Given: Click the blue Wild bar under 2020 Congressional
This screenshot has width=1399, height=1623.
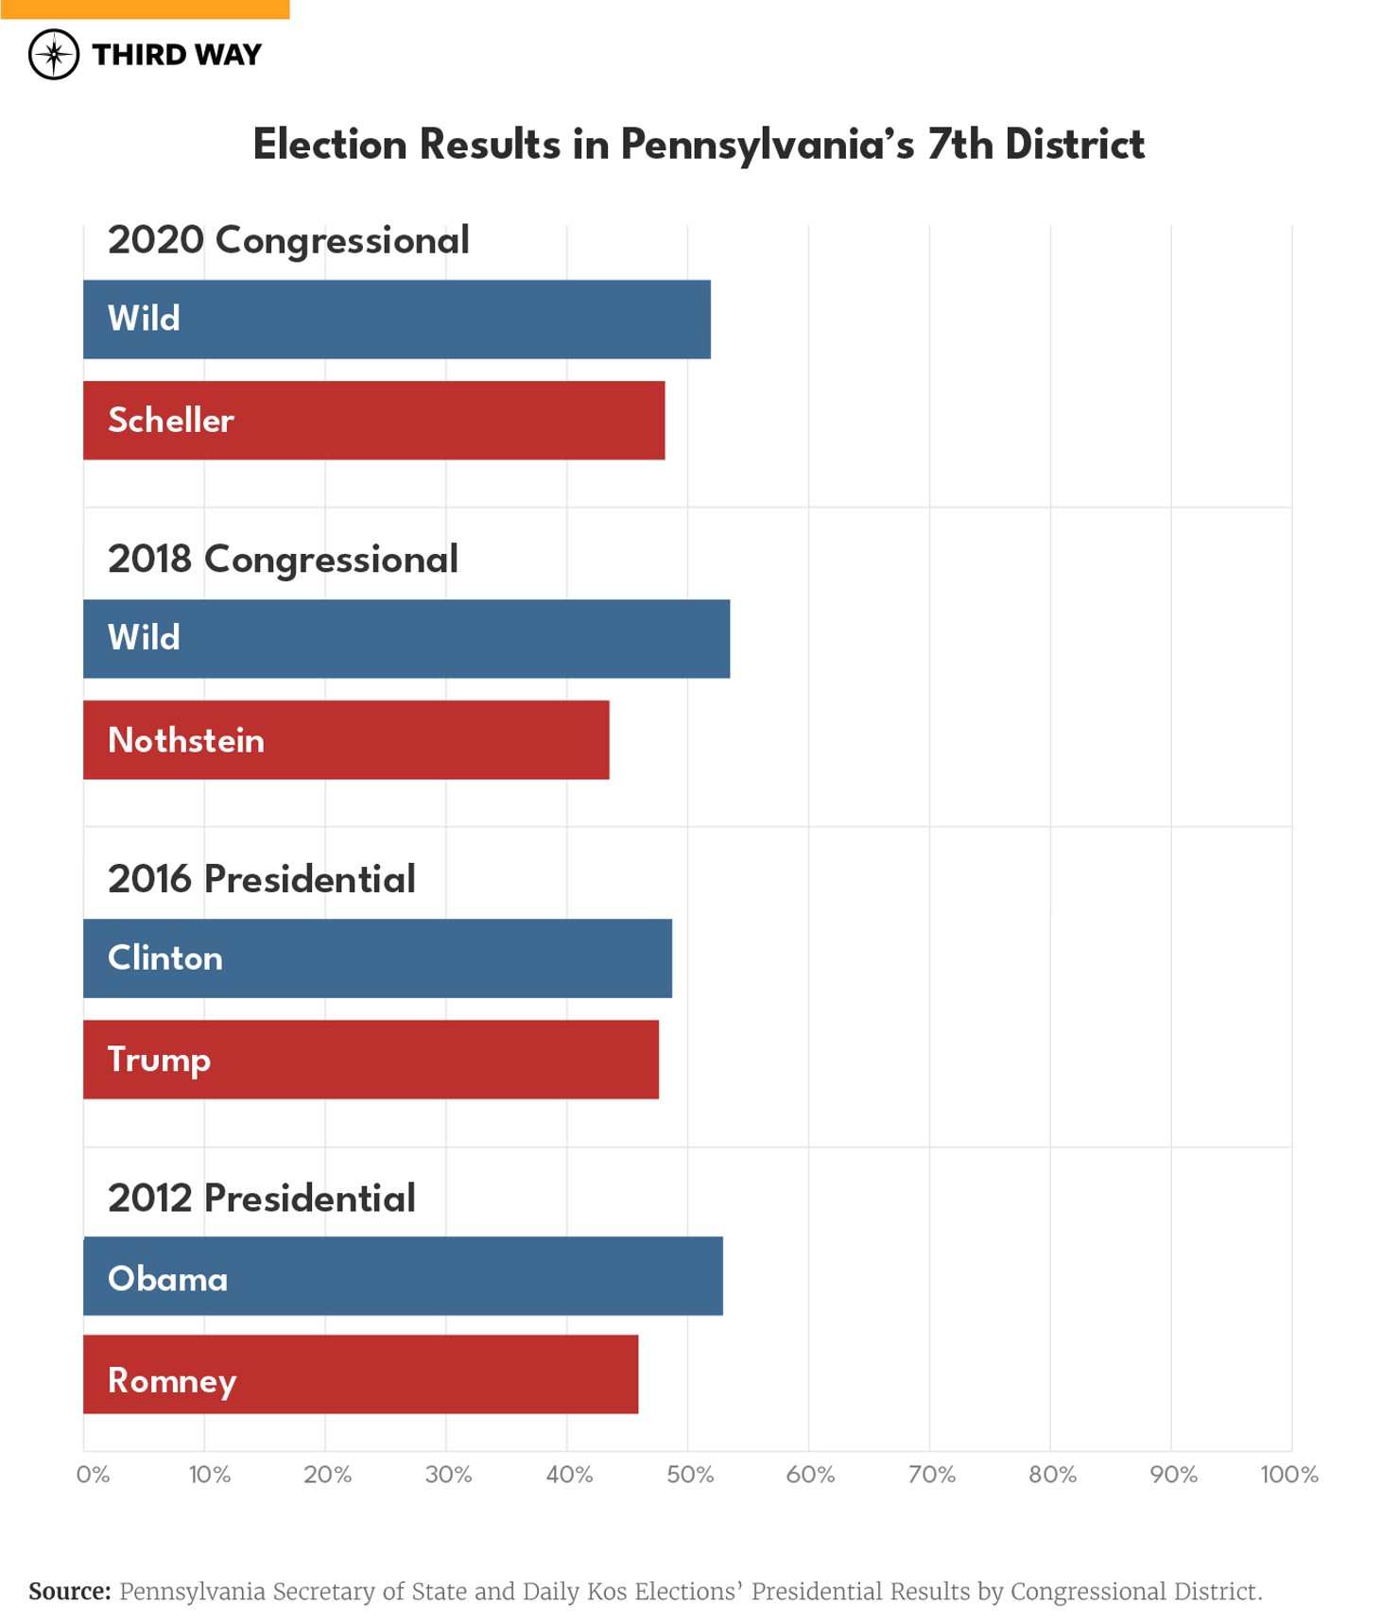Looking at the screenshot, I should tap(397, 319).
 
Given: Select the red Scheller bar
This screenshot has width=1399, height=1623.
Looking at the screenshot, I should tap(374, 421).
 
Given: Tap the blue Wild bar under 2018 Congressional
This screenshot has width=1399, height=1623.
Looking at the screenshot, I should tap(406, 639).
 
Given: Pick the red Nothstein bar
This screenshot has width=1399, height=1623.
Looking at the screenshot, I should tap(346, 740).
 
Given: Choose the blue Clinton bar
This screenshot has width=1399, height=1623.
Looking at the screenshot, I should tap(378, 958).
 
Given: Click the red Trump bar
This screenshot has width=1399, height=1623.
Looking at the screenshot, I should tap(371, 1060).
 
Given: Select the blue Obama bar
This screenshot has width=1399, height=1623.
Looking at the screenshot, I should tap(404, 1277).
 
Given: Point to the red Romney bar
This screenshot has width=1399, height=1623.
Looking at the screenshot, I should tap(361, 1375).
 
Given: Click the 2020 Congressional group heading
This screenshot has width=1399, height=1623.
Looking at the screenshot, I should tap(288, 240).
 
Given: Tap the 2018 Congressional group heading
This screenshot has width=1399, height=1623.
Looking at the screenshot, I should tap(283, 560).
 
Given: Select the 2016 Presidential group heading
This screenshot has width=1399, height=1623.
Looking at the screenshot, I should tap(262, 879).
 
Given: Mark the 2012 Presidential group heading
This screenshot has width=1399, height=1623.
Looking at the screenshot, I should tap(262, 1199).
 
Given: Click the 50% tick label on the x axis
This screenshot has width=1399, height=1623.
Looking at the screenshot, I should tap(690, 1475).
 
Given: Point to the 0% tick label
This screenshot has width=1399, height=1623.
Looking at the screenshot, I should tap(93, 1475).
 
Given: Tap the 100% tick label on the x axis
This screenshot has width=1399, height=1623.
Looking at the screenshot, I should tap(1289, 1475).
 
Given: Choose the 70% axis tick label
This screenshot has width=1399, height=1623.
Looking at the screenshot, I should tap(932, 1475).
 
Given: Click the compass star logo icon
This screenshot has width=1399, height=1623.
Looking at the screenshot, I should tap(54, 54).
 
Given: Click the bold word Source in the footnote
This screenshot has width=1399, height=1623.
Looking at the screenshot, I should tap(69, 1591).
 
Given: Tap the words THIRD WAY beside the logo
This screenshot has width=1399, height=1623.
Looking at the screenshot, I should tap(177, 55).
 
